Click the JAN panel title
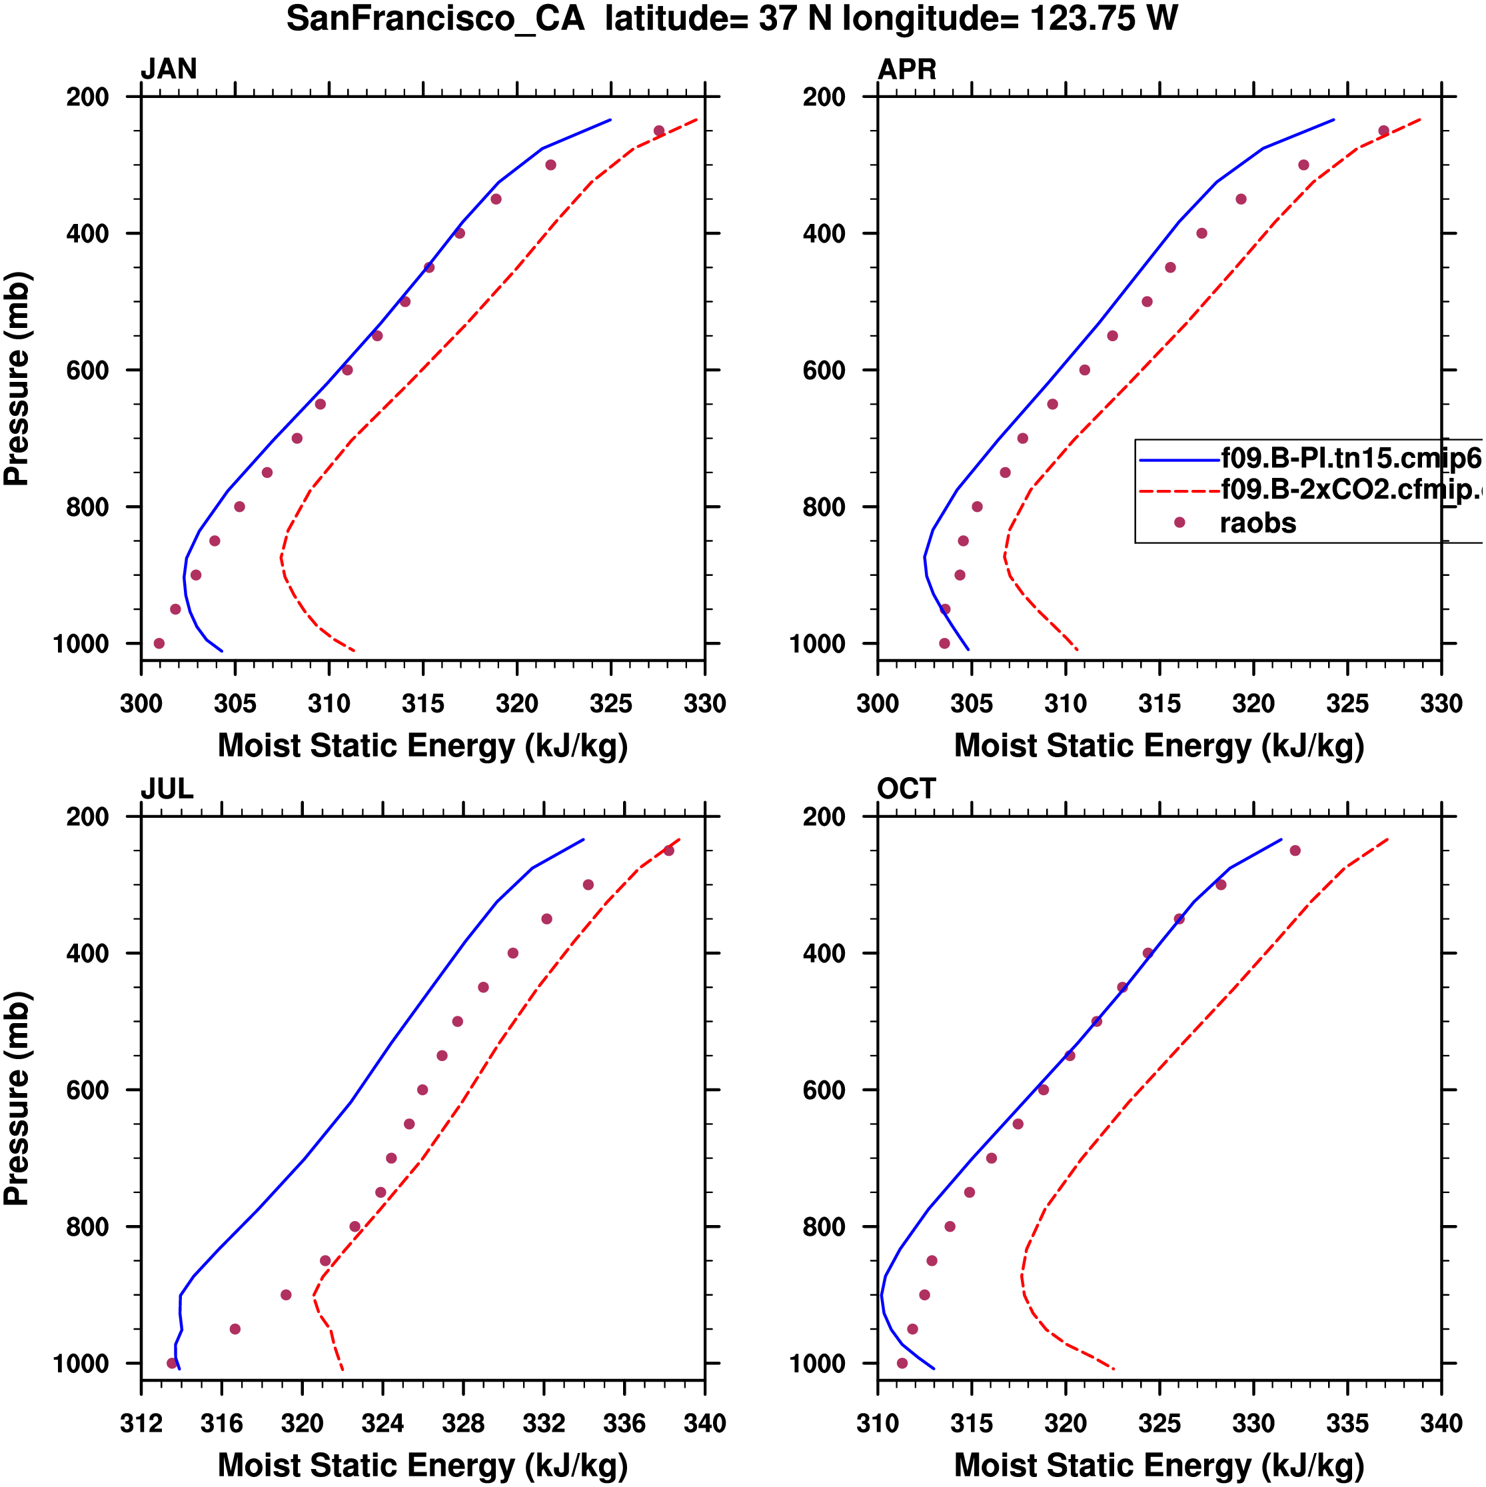(x=169, y=69)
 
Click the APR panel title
(x=906, y=69)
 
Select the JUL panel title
(x=167, y=789)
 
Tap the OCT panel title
(x=906, y=789)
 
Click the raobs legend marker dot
(x=1179, y=523)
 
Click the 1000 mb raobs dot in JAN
(x=159, y=643)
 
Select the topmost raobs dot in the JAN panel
(x=659, y=131)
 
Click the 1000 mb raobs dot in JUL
(x=173, y=1363)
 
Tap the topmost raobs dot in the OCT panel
(x=1295, y=850)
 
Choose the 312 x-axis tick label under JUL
(x=141, y=1423)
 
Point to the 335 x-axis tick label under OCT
(x=1347, y=1423)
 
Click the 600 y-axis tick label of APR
(x=824, y=370)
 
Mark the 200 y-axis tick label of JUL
(x=88, y=816)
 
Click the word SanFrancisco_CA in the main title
(x=436, y=19)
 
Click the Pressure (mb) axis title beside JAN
(x=17, y=378)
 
